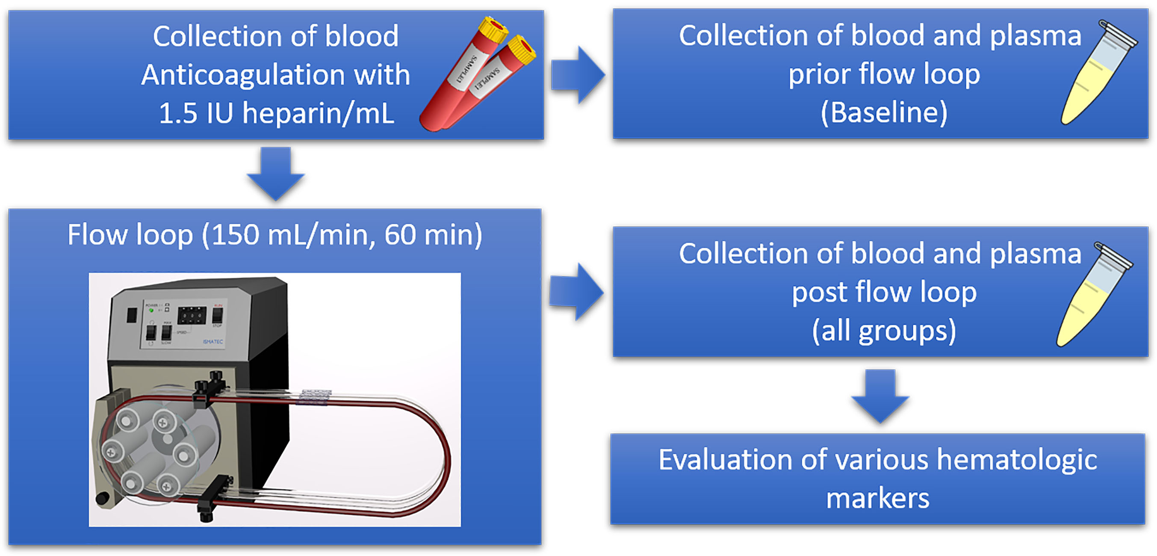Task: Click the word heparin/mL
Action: pyautogui.click(x=318, y=113)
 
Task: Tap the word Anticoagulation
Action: pyautogui.click(x=242, y=74)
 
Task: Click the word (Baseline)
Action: pyautogui.click(x=884, y=112)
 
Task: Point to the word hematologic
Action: pyautogui.click(x=1017, y=460)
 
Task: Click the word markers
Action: pyautogui.click(x=878, y=499)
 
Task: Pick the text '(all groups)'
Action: pyautogui.click(x=884, y=331)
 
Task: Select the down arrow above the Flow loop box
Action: pyautogui.click(x=276, y=173)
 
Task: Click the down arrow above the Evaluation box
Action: pyautogui.click(x=880, y=396)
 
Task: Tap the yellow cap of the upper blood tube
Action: pyautogui.click(x=493, y=29)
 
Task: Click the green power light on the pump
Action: pyautogui.click(x=151, y=310)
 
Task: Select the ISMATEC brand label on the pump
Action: pyautogui.click(x=213, y=342)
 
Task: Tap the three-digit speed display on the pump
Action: pyautogui.click(x=192, y=315)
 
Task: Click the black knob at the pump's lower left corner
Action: pyautogui.click(x=103, y=499)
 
